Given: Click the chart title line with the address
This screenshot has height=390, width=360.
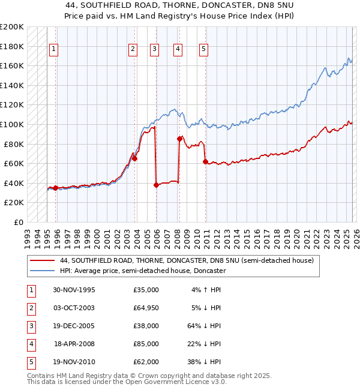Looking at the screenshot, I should pos(179,5).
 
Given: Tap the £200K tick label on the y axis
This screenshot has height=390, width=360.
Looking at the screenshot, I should pos(12,27).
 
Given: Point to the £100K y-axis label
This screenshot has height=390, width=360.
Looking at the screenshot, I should pos(12,125).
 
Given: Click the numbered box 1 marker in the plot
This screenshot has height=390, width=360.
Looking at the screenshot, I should pos(54,49).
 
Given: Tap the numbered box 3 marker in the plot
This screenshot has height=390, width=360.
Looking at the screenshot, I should pos(154,49).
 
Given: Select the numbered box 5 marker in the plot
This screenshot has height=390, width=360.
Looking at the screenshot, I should pos(204,49).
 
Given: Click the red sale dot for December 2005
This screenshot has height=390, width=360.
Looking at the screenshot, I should pos(156,185).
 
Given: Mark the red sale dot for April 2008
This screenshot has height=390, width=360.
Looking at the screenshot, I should pos(179,139).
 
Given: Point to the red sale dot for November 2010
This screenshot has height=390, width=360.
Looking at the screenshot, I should pos(205,161).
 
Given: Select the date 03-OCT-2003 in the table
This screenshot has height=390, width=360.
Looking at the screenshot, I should pos(74,308).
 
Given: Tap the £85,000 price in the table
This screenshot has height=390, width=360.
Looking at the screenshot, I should pos(146,344).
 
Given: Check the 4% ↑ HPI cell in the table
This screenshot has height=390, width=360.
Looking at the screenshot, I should pos(206,290).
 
